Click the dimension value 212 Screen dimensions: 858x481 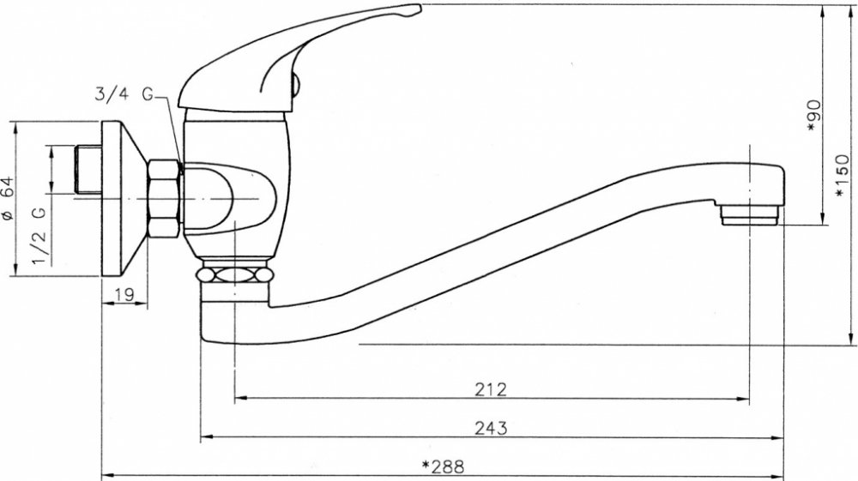(x=491, y=389)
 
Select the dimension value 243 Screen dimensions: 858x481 (x=491, y=428)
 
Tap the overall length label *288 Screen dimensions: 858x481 (x=444, y=466)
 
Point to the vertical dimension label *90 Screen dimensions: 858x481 (x=813, y=116)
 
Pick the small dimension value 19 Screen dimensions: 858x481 (x=124, y=295)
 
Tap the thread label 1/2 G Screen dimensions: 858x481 (x=40, y=235)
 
